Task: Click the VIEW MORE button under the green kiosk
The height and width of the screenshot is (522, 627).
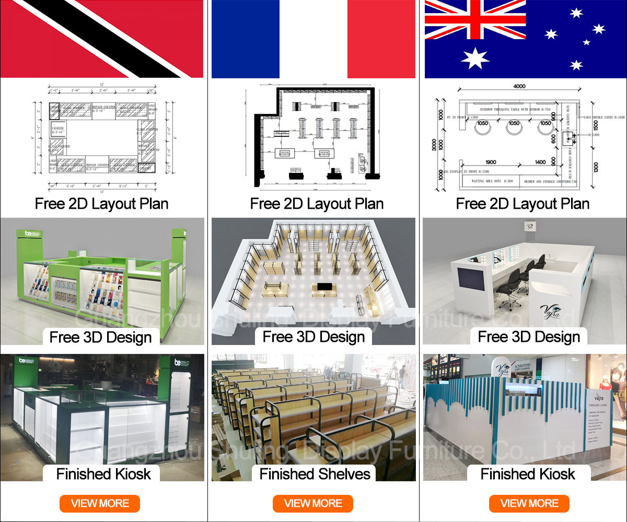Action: tap(99, 504)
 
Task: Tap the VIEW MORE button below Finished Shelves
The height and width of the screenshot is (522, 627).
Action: tap(313, 504)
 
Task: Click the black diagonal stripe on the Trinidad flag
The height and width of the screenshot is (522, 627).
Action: tap(104, 39)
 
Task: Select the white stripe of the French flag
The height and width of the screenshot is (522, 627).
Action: tap(313, 39)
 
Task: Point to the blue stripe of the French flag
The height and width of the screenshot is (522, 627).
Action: tap(246, 39)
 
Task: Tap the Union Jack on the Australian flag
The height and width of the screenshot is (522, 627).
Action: tap(475, 20)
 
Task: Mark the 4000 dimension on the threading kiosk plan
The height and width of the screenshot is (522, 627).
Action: tap(519, 86)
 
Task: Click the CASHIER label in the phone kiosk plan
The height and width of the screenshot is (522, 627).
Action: tap(57, 128)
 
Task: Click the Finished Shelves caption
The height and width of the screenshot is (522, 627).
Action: tap(315, 474)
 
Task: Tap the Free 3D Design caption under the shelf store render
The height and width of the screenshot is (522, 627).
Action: tap(313, 337)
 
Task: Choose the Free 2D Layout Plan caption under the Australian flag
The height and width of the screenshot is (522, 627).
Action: tap(522, 204)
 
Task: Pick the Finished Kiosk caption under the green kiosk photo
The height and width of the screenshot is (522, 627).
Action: tap(103, 474)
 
